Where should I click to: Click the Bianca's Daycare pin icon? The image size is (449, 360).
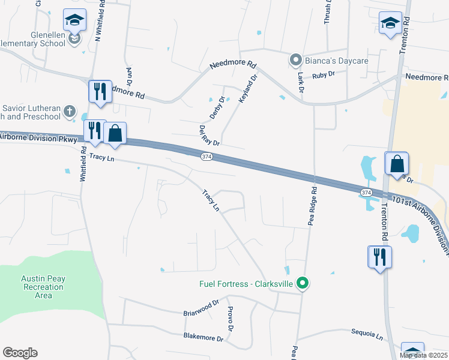pyautogui.click(x=295, y=60)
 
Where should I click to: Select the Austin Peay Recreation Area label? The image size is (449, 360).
pyautogui.click(x=43, y=287)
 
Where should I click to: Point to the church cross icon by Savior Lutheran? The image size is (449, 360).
pyautogui.click(x=70, y=111)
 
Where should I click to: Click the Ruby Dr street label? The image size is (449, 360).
pyautogui.click(x=322, y=74)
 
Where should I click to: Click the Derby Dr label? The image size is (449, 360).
pyautogui.click(x=218, y=108)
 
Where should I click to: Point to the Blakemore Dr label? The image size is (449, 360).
pyautogui.click(x=203, y=338)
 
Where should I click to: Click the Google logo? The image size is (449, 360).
pyautogui.click(x=20, y=353)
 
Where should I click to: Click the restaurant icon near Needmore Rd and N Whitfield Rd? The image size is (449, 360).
pyautogui.click(x=100, y=92)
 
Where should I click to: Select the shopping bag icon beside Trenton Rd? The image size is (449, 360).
pyautogui.click(x=397, y=164)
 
